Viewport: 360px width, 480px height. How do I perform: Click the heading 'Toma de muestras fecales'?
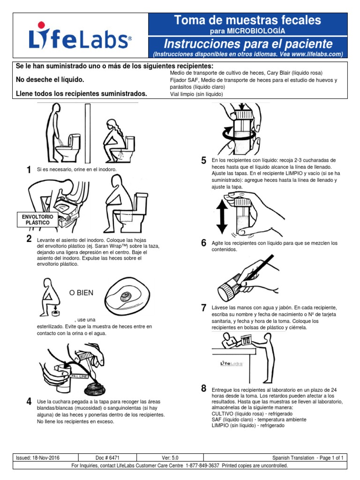pos(247,20)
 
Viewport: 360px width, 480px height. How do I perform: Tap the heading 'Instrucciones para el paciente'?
pos(247,44)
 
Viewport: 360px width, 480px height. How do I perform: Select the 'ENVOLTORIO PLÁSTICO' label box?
pos(38,219)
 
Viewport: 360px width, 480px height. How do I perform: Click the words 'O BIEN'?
pos(81,292)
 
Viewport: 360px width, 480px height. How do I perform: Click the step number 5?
pos(203,161)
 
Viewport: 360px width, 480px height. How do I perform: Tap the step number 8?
pos(203,388)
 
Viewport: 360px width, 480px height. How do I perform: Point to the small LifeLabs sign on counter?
pos(231,363)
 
